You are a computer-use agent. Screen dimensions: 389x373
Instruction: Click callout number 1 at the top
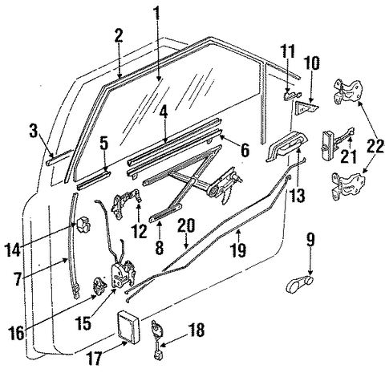pos(157,15)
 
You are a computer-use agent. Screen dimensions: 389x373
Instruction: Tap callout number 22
pos(375,145)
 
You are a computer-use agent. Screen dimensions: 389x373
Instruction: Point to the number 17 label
pos(95,358)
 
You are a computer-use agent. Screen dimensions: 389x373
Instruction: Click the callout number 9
pos(310,241)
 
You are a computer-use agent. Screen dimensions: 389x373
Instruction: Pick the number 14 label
pos(12,249)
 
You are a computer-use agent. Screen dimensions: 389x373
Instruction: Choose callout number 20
pos(187,226)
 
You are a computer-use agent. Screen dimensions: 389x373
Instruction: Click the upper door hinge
pos(347,91)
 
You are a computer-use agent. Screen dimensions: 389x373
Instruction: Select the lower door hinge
pos(346,185)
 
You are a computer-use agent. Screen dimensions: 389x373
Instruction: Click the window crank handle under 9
pos(299,285)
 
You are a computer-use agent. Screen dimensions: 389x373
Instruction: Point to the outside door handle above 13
pos(286,146)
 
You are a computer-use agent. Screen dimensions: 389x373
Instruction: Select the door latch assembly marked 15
pos(124,274)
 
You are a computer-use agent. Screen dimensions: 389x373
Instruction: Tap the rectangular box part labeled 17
pos(129,326)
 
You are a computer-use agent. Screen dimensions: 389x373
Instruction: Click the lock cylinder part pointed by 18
pos(157,339)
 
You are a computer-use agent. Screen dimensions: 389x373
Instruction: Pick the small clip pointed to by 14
pos(83,225)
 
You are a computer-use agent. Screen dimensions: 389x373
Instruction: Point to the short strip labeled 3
pos(59,158)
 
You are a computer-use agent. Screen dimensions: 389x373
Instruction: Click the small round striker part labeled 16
pos(99,286)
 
